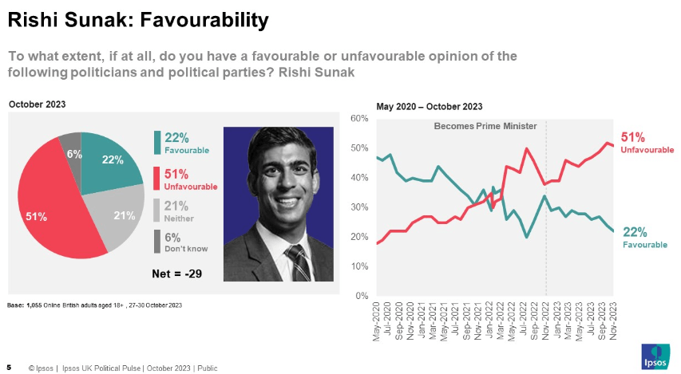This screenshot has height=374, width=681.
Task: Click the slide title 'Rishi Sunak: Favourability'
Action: tap(137, 20)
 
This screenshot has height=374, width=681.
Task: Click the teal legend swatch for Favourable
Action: tap(158, 142)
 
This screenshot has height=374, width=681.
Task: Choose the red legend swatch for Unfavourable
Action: tap(158, 179)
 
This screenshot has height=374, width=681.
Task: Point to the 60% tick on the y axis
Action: tap(358, 119)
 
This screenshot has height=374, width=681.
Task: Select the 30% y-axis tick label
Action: tap(358, 207)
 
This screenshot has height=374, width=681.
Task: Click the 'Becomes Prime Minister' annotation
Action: tap(485, 126)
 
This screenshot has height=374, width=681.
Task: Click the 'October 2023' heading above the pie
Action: tap(37, 104)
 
